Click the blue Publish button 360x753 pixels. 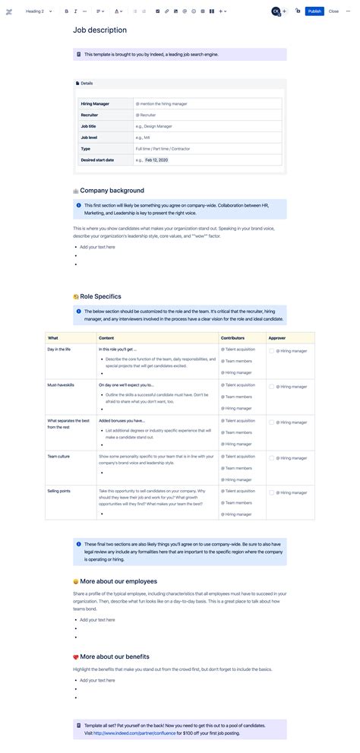click(x=314, y=11)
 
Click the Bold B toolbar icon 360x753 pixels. click(x=66, y=11)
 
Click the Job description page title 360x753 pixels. click(x=99, y=30)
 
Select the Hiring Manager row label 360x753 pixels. click(x=95, y=103)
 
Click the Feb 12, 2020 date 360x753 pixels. click(x=156, y=160)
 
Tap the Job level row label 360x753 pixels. click(x=89, y=138)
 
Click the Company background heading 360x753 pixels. click(x=112, y=191)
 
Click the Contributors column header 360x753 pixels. click(x=232, y=337)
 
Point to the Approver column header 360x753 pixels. click(x=277, y=337)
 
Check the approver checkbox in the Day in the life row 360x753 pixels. click(x=271, y=351)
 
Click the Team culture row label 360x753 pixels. click(x=58, y=456)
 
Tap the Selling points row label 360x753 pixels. click(x=58, y=491)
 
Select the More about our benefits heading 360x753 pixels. click(x=114, y=657)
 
